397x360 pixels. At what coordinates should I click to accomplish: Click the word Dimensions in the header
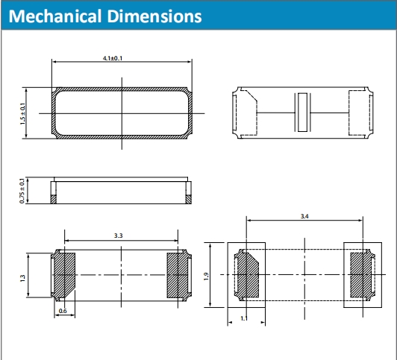pyautogui.click(x=155, y=16)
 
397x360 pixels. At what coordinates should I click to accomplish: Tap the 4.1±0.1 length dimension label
pyautogui.click(x=113, y=58)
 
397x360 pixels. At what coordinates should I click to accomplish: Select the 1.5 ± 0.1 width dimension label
pyautogui.click(x=23, y=113)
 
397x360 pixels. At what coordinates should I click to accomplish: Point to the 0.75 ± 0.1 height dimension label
pyautogui.click(x=22, y=191)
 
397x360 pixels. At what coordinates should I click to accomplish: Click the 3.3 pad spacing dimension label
pyautogui.click(x=118, y=236)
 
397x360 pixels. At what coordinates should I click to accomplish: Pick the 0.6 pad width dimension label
pyautogui.click(x=63, y=311)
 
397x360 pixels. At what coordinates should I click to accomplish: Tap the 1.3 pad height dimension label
pyautogui.click(x=23, y=278)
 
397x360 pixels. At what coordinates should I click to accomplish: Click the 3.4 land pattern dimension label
pyautogui.click(x=304, y=216)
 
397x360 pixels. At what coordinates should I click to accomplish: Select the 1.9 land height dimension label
pyautogui.click(x=207, y=276)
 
